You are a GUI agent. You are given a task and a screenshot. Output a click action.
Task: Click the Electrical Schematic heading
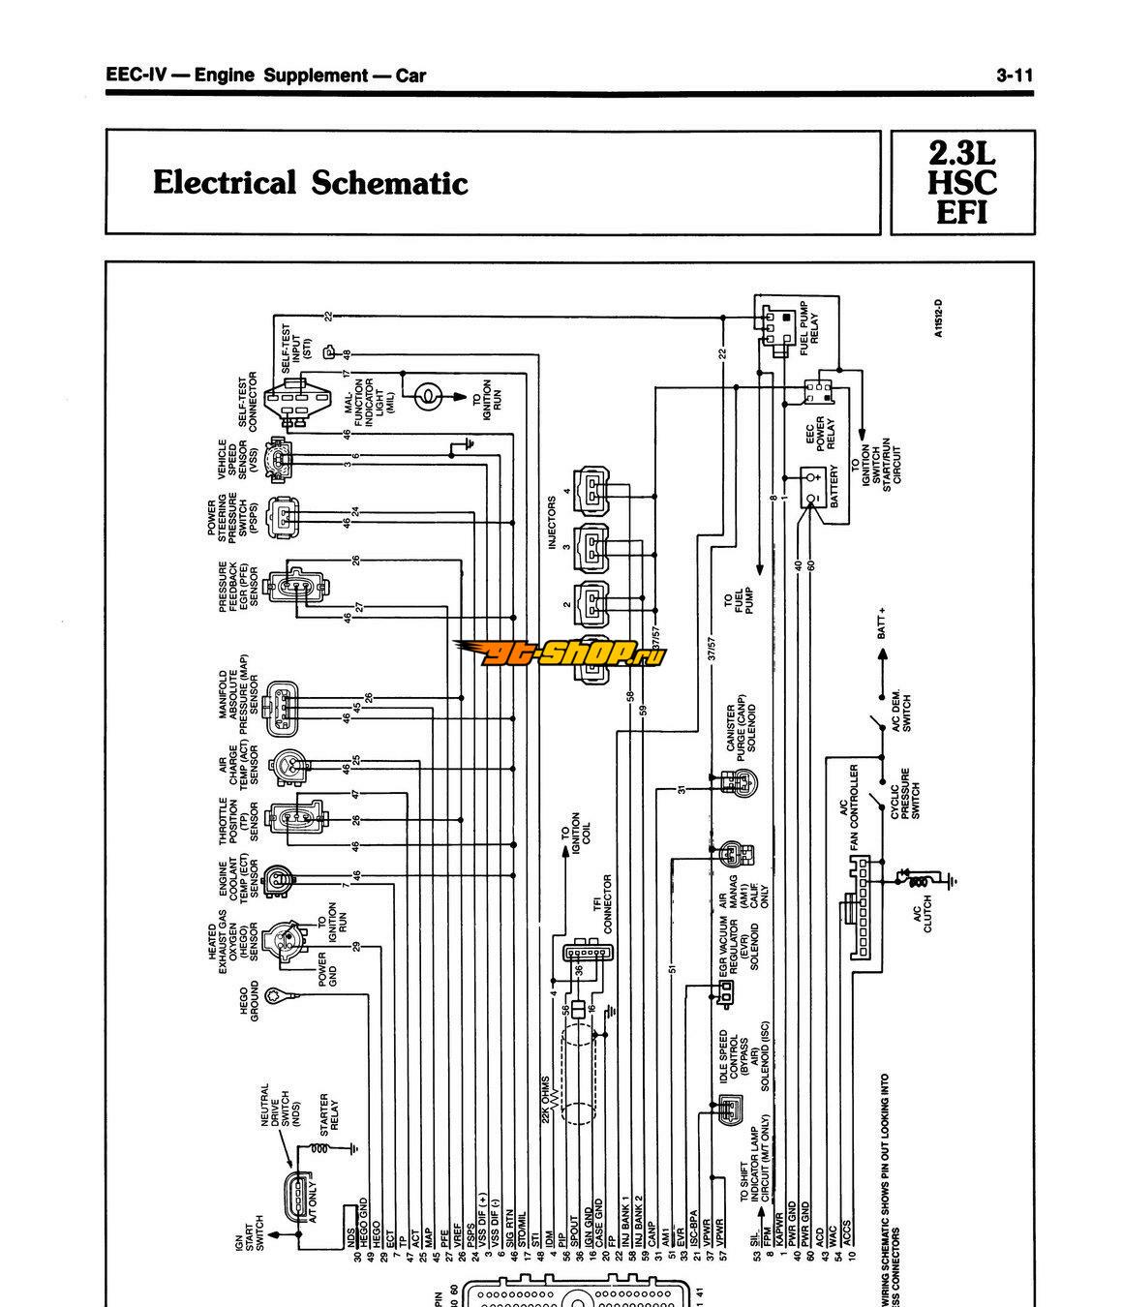point(310,183)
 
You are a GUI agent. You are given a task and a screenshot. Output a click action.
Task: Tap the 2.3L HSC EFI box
point(962,183)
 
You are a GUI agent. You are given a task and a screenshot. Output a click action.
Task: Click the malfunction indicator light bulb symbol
point(426,395)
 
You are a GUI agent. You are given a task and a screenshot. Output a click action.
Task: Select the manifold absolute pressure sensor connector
point(282,705)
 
